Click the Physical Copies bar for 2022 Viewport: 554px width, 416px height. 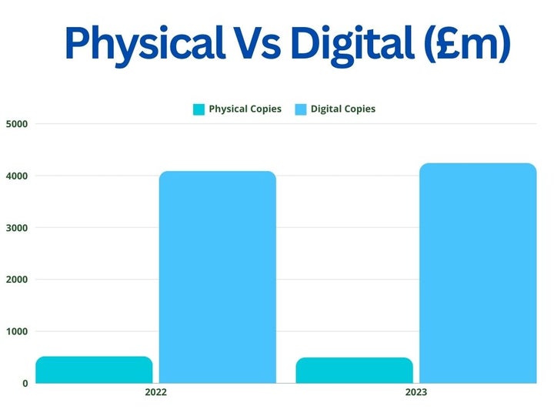[94, 370]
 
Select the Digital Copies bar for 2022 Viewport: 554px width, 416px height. [218, 277]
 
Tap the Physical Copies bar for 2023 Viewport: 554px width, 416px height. [354, 371]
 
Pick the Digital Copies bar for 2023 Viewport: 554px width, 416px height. [478, 273]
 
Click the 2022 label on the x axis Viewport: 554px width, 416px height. [155, 392]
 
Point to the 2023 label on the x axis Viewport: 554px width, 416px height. [416, 392]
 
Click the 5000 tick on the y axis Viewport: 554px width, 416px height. [17, 124]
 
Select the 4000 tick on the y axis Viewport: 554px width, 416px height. [17, 176]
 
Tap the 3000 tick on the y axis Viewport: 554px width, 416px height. [17, 228]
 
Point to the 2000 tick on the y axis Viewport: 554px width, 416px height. [17, 280]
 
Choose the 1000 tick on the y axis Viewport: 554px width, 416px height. [17, 331]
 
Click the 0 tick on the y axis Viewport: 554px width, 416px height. [25, 383]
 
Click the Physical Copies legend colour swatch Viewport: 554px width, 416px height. [199, 109]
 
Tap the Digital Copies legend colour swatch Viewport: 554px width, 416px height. [301, 109]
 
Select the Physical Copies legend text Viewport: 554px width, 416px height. [245, 109]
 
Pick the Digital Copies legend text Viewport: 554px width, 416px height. [343, 109]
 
